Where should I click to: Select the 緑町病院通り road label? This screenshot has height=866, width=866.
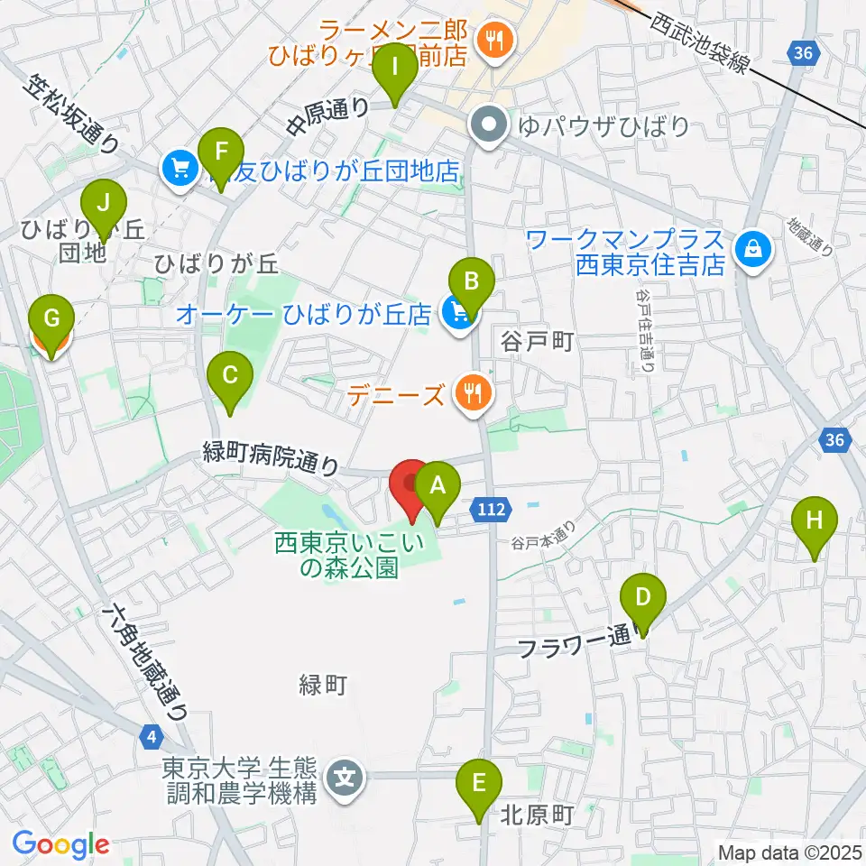[271, 458]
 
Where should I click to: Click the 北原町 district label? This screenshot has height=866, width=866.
[538, 815]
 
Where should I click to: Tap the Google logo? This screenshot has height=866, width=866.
[60, 844]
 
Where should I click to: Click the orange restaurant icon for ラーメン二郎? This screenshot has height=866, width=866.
[496, 39]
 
